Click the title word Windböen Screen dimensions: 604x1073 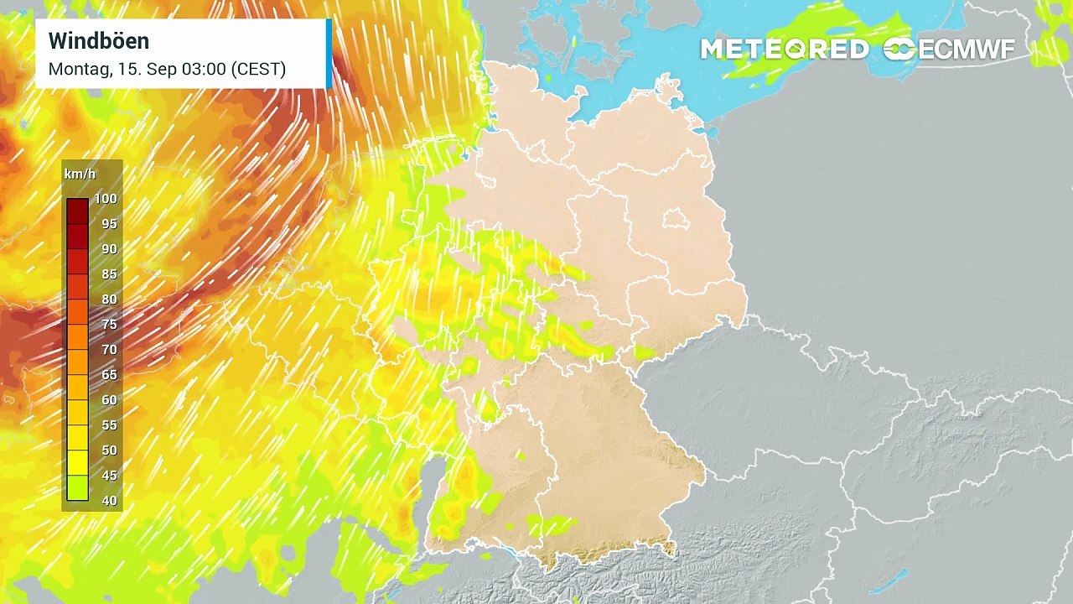pos(99,40)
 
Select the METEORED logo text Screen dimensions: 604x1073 pos(785,49)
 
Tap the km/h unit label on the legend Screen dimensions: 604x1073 pos(80,174)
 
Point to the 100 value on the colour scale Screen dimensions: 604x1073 pos(106,199)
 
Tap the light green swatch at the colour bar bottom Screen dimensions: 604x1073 pos(77,488)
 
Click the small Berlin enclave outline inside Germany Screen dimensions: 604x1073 pos(675,220)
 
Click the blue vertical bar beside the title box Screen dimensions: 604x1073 pos(329,54)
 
